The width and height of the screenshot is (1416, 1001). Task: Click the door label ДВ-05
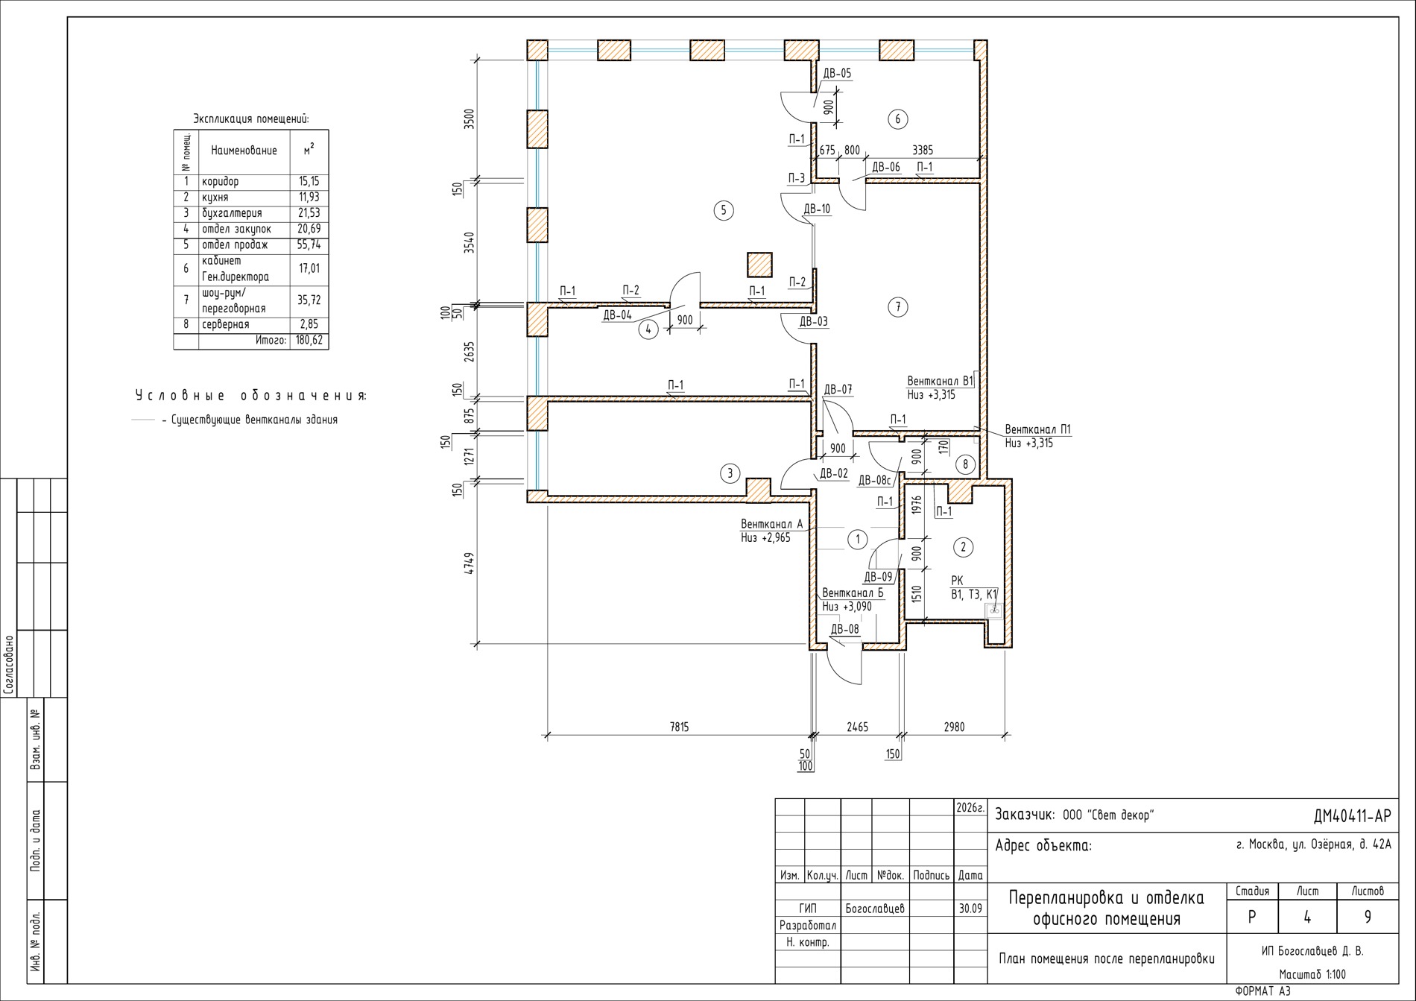click(837, 74)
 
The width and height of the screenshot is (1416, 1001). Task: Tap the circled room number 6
click(897, 119)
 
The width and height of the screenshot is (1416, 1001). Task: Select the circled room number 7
click(898, 306)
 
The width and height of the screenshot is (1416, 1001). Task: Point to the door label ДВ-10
click(817, 209)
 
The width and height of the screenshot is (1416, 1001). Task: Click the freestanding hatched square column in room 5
click(759, 265)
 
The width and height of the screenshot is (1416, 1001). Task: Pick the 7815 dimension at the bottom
click(680, 727)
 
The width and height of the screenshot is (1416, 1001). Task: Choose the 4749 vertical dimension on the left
click(469, 563)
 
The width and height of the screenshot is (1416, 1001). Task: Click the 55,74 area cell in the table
click(309, 244)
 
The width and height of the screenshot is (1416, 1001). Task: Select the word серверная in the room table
click(226, 324)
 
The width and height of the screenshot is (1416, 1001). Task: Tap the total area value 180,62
click(309, 341)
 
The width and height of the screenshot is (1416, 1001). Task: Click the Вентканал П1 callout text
click(1038, 430)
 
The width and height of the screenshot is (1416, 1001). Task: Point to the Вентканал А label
click(771, 524)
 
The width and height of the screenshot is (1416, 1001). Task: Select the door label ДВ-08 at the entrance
click(844, 629)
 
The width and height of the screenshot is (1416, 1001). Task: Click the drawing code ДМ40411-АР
click(1352, 817)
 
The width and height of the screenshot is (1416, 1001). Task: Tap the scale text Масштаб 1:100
click(1312, 974)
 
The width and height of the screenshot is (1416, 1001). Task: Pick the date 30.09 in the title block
click(970, 909)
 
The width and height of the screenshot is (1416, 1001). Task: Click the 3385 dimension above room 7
click(923, 151)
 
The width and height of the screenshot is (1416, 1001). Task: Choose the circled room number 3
click(730, 473)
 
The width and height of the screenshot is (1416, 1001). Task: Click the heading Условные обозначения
click(251, 395)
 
